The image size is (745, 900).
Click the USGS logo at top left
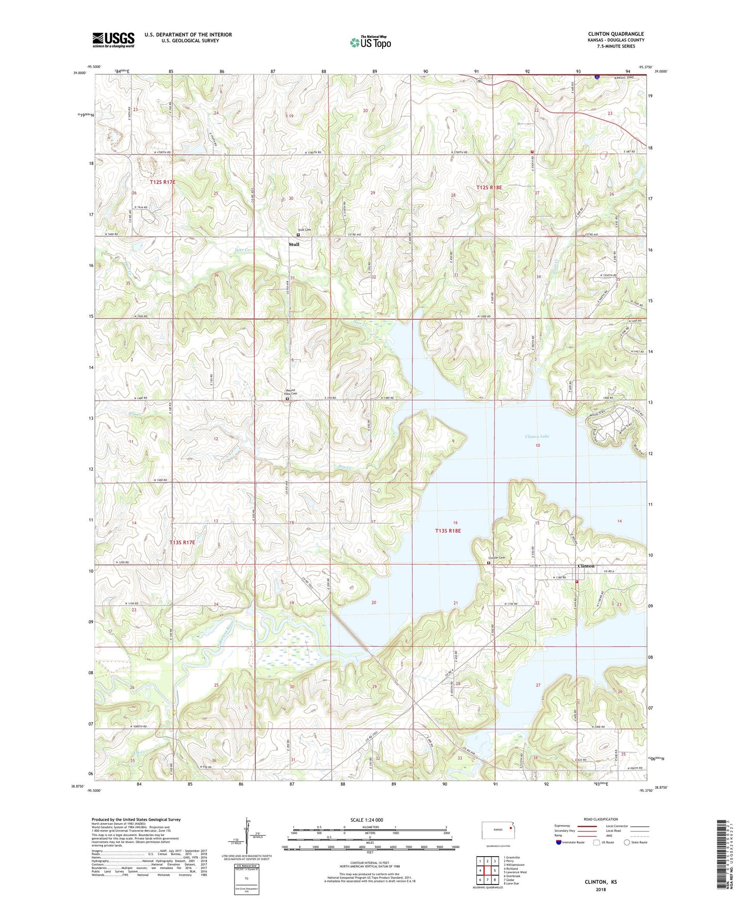coord(113,40)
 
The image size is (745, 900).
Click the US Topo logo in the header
coord(370,42)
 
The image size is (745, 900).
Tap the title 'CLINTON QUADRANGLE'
coord(616,34)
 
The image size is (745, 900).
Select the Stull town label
coord(294,244)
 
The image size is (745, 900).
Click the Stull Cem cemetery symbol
coord(298,235)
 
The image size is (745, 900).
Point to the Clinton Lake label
coord(537,437)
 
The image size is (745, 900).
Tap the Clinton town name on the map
coord(586,566)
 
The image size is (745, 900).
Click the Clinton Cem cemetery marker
coord(489,563)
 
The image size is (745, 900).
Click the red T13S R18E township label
coord(448,530)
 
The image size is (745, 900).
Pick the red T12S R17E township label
coord(162,182)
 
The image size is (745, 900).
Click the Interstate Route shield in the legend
coord(559,842)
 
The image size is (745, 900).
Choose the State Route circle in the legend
coord(627,842)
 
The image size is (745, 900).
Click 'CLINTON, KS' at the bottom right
coord(600,882)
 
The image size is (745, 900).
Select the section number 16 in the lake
coord(455,523)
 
